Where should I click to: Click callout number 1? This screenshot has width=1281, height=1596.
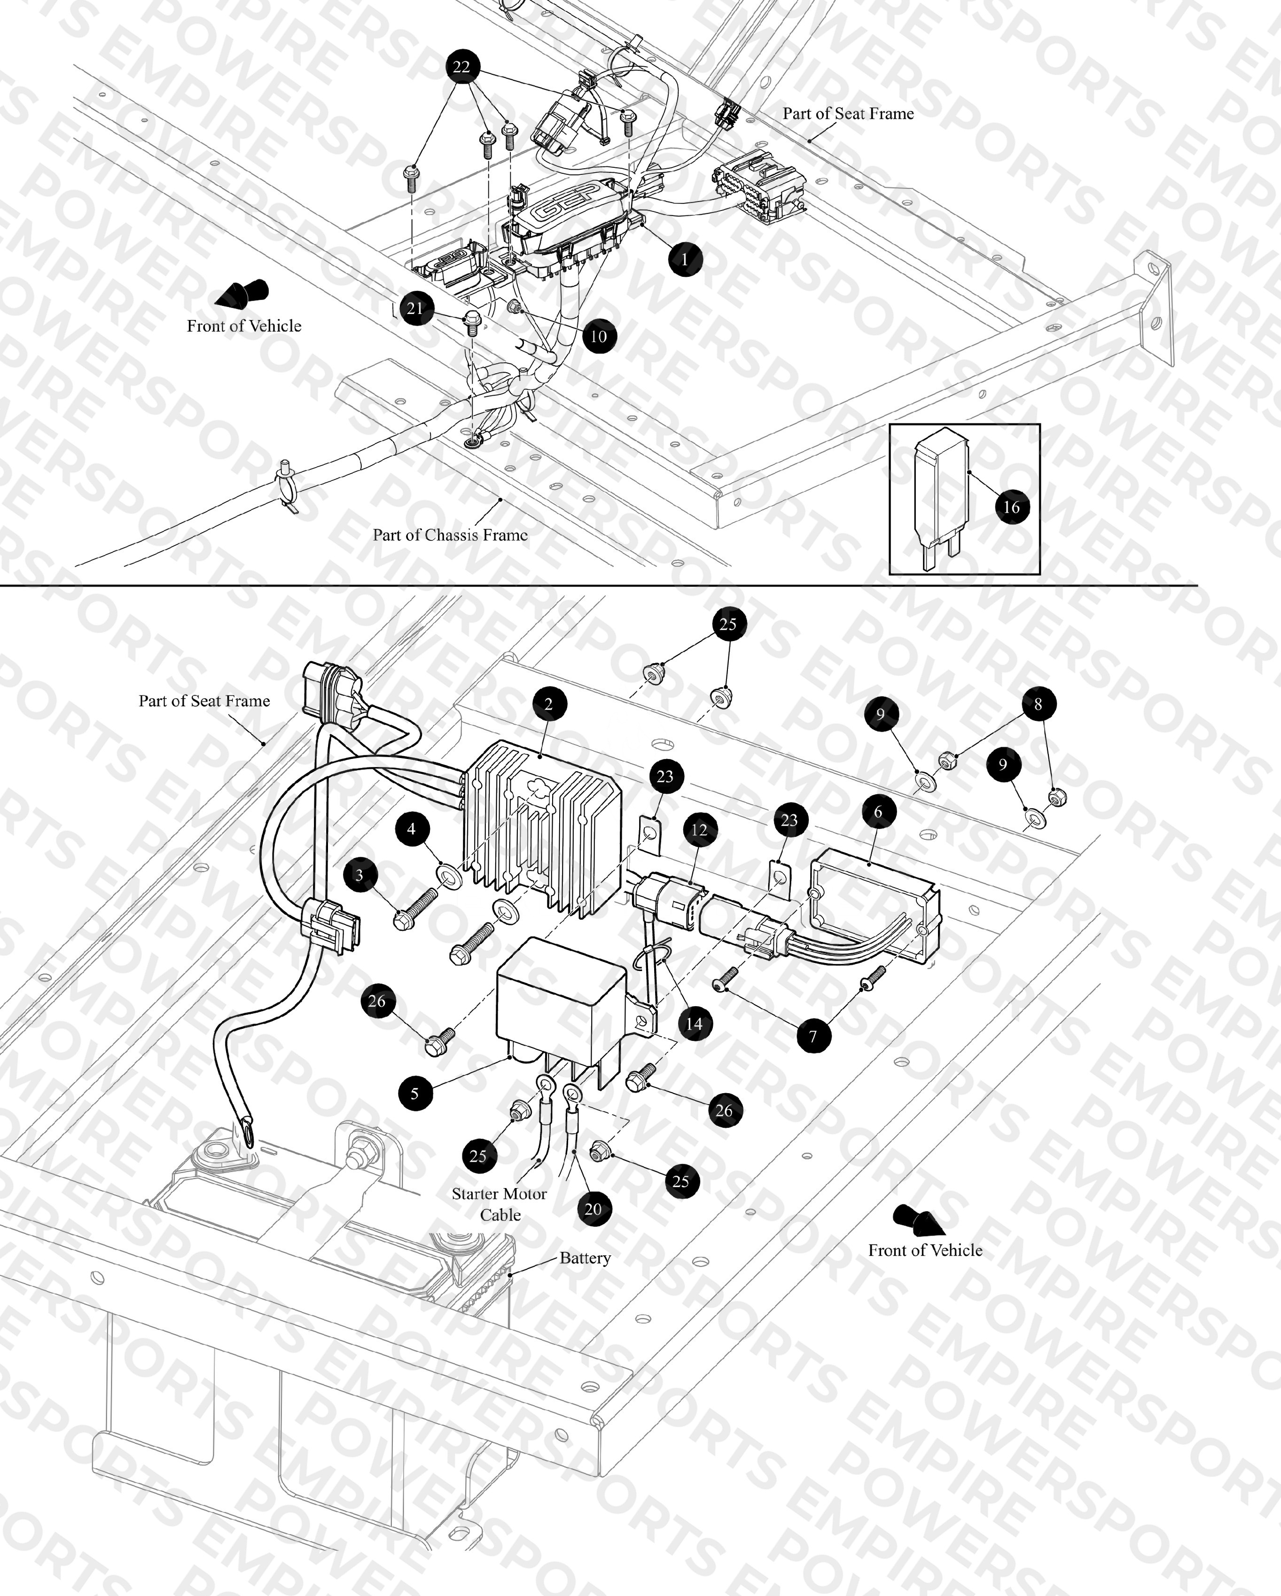(x=685, y=259)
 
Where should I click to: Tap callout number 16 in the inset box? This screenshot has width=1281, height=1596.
(x=1011, y=507)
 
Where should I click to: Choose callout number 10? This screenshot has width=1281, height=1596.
(x=599, y=336)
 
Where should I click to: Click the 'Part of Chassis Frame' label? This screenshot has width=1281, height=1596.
(x=450, y=534)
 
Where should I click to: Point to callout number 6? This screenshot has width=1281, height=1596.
(x=878, y=812)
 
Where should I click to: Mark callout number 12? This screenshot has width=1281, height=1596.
(x=699, y=830)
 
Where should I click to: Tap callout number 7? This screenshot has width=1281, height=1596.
(x=813, y=1036)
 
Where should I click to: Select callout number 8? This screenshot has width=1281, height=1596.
(x=1038, y=704)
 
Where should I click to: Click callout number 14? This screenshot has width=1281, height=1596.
(x=694, y=1024)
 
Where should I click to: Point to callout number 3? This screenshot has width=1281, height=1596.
(x=359, y=875)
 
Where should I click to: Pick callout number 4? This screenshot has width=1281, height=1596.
(x=412, y=829)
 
